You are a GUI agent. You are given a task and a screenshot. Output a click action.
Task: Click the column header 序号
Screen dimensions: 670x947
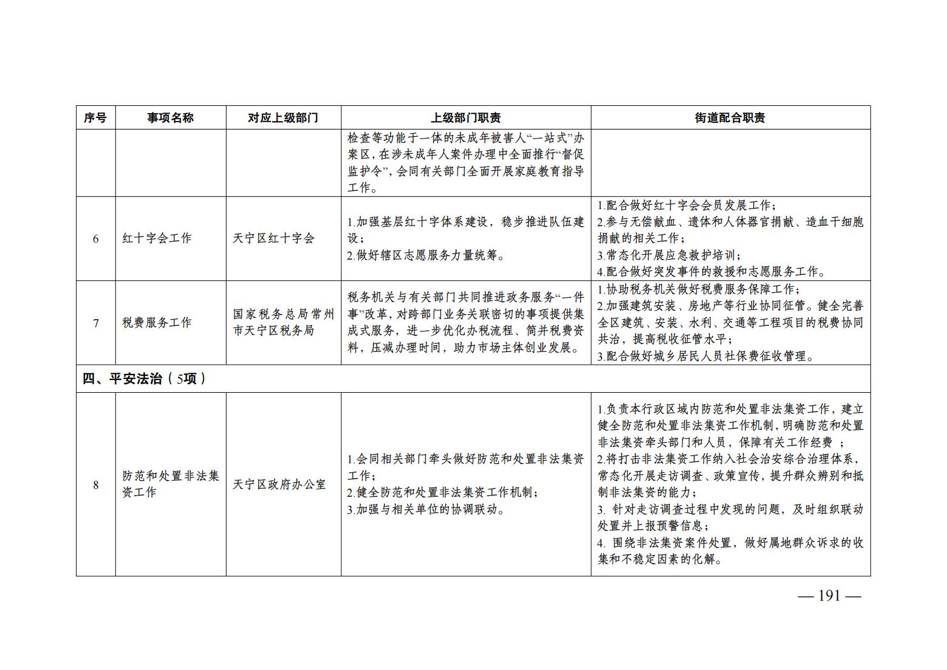(x=95, y=118)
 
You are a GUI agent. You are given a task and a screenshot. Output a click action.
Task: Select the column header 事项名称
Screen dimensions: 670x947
(x=170, y=118)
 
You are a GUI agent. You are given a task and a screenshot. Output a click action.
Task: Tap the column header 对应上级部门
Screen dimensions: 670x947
(x=283, y=118)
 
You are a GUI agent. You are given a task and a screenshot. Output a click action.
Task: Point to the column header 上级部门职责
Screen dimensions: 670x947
(x=465, y=118)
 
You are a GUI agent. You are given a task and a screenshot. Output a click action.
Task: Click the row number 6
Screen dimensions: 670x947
(x=95, y=239)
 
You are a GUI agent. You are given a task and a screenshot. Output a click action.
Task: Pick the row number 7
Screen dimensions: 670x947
(x=95, y=323)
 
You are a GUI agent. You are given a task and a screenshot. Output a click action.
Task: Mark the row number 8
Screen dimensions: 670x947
(x=95, y=485)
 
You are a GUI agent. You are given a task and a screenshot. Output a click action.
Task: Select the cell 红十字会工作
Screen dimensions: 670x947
(x=157, y=239)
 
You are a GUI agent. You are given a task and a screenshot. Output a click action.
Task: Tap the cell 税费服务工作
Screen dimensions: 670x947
(x=157, y=323)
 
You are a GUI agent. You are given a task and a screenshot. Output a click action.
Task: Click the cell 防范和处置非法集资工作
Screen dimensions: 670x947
(x=170, y=485)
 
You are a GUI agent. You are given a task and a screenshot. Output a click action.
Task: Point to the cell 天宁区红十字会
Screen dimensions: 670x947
(x=273, y=239)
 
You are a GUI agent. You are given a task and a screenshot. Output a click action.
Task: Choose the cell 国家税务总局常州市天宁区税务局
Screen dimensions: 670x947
(x=283, y=323)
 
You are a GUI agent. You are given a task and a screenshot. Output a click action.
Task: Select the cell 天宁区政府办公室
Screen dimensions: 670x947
(x=279, y=485)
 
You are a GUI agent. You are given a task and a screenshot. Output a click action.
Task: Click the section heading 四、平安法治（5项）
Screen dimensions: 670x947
(x=144, y=379)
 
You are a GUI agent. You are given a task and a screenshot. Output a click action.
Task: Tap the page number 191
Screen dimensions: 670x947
(x=829, y=596)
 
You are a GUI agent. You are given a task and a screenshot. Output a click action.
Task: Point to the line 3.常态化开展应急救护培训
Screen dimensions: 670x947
(x=669, y=255)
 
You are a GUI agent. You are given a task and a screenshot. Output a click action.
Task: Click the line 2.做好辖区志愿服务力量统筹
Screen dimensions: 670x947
(x=426, y=256)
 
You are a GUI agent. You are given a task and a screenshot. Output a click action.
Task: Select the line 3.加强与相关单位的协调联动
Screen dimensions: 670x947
(x=426, y=510)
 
